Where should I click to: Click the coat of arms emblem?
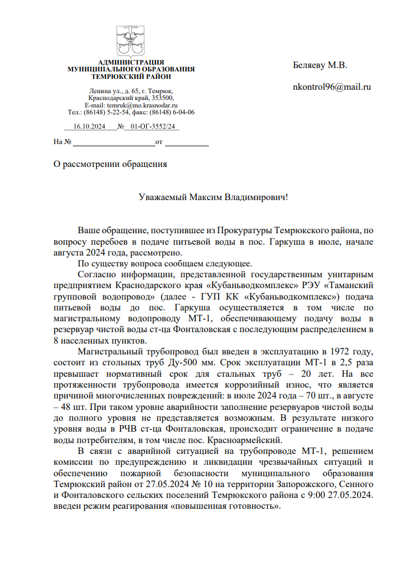pyautogui.click(x=131, y=40)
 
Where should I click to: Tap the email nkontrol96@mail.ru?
pyautogui.click(x=332, y=87)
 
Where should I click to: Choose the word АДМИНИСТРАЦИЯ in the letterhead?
pyautogui.click(x=131, y=62)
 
